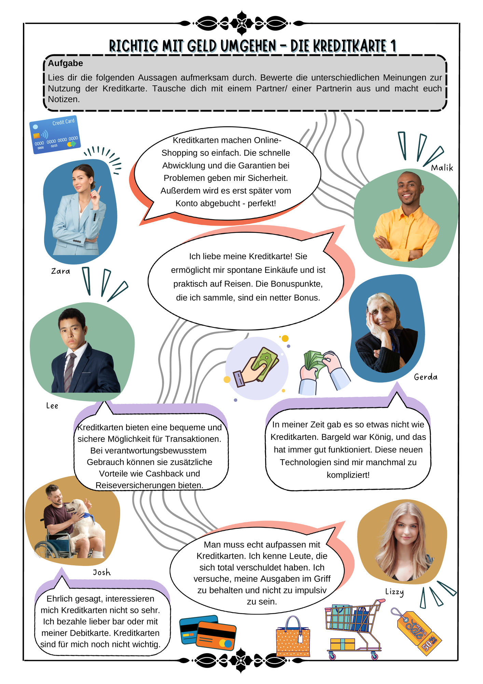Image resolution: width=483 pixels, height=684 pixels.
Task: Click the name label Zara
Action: tap(60, 271)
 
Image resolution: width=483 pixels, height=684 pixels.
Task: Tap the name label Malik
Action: tap(442, 168)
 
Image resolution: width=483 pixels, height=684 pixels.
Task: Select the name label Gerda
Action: tap(426, 377)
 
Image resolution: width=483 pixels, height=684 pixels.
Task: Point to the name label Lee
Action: tap(52, 406)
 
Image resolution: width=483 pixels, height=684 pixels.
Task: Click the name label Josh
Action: tap(102, 573)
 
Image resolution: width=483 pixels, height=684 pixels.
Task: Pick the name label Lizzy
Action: tap(395, 592)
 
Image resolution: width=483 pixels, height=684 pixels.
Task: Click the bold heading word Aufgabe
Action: tap(65, 63)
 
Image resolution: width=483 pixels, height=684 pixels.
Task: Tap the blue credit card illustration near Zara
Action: tap(55, 135)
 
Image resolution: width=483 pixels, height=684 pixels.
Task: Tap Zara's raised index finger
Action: tap(99, 189)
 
